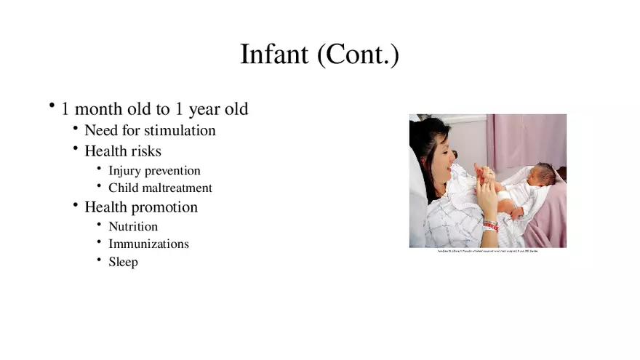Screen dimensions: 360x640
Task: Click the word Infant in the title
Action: [273, 55]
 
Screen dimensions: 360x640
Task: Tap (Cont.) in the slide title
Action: [356, 55]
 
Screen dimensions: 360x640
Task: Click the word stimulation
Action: [180, 131]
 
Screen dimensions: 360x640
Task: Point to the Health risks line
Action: [122, 151]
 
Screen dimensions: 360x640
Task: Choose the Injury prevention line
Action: [154, 171]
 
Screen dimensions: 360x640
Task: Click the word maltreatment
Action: [178, 188]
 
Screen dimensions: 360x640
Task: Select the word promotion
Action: [164, 207]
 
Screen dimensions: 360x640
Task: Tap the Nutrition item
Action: [133, 227]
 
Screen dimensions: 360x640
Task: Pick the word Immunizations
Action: [148, 244]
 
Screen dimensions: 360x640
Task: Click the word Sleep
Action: [123, 262]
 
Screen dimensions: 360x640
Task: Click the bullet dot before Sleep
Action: [100, 259]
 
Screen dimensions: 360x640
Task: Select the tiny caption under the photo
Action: [487, 252]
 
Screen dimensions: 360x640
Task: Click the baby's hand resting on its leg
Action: [517, 213]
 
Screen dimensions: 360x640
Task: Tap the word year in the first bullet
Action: [203, 110]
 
